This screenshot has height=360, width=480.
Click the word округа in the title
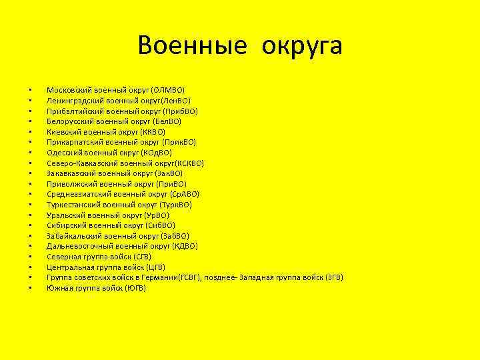[302, 46]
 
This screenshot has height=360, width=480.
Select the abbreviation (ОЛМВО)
[168, 90]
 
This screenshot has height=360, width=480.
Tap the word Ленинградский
[73, 101]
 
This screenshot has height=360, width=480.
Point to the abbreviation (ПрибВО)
[179, 111]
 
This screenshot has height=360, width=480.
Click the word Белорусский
[69, 121]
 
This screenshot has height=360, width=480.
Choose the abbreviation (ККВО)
[153, 132]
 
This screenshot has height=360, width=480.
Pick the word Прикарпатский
[72, 142]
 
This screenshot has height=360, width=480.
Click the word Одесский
[63, 153]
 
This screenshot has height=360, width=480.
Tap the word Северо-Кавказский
[80, 163]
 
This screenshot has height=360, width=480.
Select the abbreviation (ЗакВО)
[169, 173]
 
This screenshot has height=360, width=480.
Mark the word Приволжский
[69, 184]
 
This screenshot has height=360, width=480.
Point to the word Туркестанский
[73, 205]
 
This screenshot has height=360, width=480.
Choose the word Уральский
[65, 215]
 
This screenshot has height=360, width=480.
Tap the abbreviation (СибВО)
[160, 225]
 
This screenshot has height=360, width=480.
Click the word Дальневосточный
[77, 246]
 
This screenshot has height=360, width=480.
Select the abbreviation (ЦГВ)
[155, 267]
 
